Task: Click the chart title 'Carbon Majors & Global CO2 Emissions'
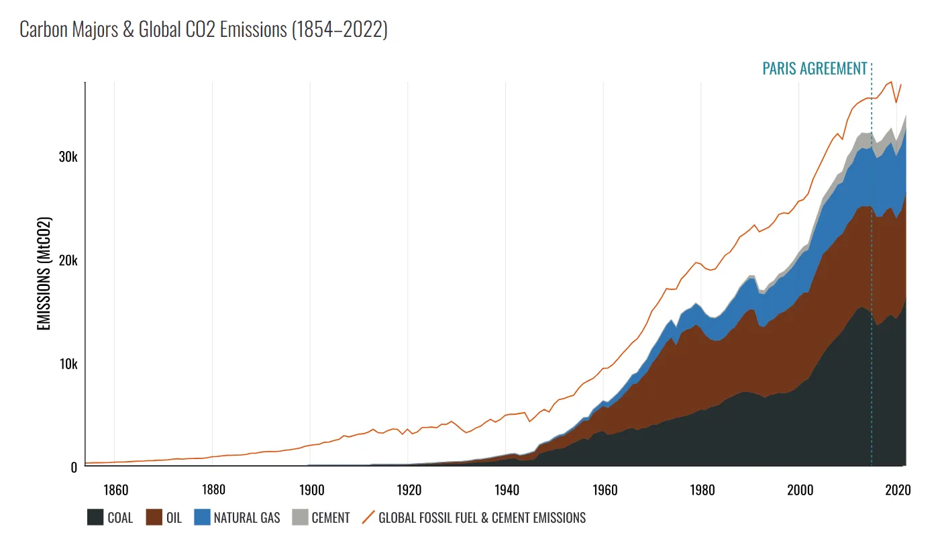click(x=153, y=30)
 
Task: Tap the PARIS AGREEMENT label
click(x=815, y=68)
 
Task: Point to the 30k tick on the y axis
click(x=68, y=157)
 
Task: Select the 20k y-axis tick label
click(x=68, y=260)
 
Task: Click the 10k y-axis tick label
click(x=68, y=364)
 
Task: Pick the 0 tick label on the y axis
click(x=74, y=468)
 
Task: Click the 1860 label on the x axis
click(x=116, y=490)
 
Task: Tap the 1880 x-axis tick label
click(x=213, y=490)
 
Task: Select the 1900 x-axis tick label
click(x=311, y=490)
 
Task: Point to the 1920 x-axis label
click(x=409, y=490)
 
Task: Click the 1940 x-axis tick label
click(x=507, y=490)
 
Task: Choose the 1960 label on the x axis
click(x=605, y=490)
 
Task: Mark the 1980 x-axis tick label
click(x=702, y=490)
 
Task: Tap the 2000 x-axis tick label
click(x=800, y=490)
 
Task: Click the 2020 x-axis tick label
click(x=898, y=490)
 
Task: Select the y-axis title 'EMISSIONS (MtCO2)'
click(x=44, y=273)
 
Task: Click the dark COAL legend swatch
click(x=95, y=517)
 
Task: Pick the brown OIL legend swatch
click(x=154, y=517)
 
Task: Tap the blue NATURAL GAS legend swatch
click(x=202, y=517)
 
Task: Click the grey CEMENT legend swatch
click(x=300, y=517)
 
